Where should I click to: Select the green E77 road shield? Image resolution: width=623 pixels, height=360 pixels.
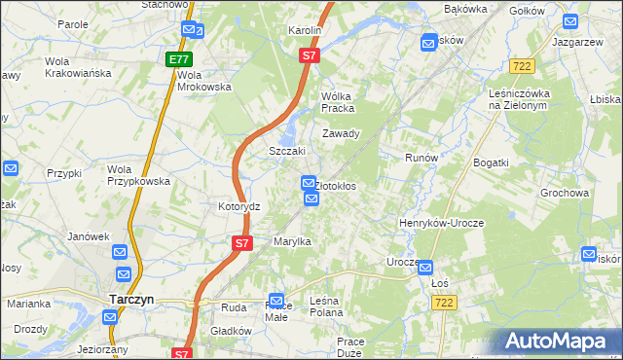pyautogui.click(x=178, y=59)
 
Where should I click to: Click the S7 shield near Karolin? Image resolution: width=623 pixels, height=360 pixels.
pyautogui.click(x=309, y=56)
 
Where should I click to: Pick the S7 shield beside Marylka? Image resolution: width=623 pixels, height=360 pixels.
pyautogui.click(x=242, y=242)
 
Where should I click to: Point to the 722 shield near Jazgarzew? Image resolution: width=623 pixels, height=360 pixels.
pyautogui.click(x=521, y=65)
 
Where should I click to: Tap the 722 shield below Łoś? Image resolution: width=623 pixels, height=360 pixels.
pyautogui.click(x=443, y=304)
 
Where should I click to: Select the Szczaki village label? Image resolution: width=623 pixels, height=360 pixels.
pyautogui.click(x=287, y=152)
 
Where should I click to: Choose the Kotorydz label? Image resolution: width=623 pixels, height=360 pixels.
pyautogui.click(x=238, y=207)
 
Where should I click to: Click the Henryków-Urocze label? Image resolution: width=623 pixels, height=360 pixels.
pyautogui.click(x=441, y=223)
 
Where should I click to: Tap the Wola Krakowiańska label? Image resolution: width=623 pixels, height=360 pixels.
pyautogui.click(x=77, y=67)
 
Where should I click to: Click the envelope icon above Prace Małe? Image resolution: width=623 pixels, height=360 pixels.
pyautogui.click(x=276, y=302)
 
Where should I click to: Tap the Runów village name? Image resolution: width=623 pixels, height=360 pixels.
pyautogui.click(x=422, y=157)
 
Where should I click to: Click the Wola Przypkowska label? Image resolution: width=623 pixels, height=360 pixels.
pyautogui.click(x=138, y=174)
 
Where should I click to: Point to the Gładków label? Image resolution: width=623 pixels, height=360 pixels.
pyautogui.click(x=232, y=331)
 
